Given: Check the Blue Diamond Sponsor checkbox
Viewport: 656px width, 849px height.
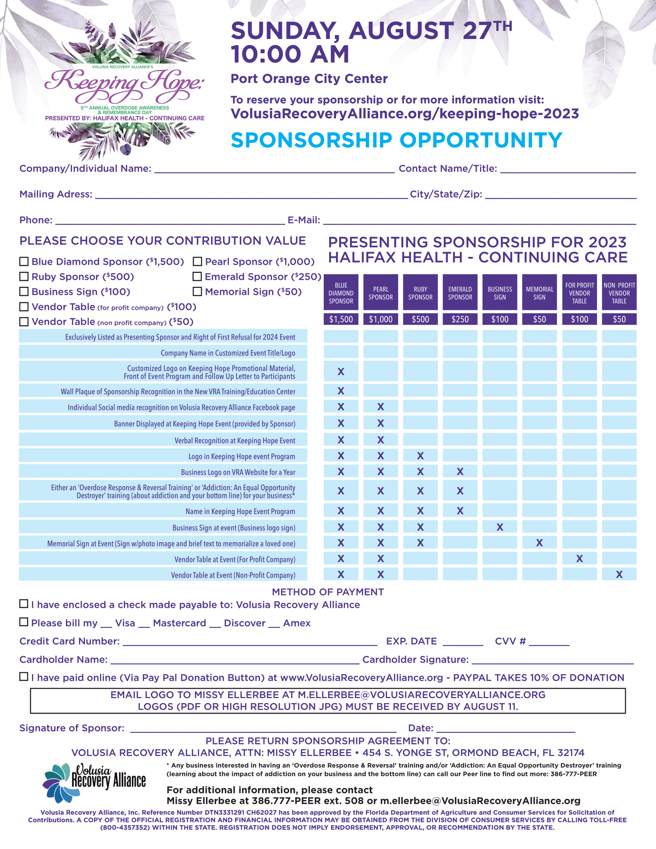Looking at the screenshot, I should [24, 261].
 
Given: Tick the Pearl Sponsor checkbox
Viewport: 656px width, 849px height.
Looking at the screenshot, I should [198, 261].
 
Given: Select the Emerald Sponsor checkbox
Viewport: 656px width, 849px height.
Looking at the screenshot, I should [198, 276].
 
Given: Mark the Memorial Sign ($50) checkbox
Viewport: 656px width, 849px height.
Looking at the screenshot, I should [198, 291].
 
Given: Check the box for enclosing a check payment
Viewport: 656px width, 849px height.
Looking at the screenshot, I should [24, 604].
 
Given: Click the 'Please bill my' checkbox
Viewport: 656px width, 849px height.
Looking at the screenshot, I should [24, 622].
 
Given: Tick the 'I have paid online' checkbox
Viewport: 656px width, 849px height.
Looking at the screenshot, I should [24, 677].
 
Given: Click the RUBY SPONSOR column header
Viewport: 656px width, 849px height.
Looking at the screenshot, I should [420, 293].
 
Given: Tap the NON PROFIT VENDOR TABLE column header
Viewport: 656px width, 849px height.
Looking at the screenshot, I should [619, 293].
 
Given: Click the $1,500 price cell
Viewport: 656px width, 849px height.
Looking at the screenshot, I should [341, 319].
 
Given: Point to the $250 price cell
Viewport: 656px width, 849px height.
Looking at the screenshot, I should [460, 319].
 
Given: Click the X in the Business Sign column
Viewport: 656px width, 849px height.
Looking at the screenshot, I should [500, 527].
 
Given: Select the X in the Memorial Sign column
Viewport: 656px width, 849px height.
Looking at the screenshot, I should [539, 543].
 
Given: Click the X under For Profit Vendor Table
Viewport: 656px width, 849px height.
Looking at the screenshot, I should [580, 559].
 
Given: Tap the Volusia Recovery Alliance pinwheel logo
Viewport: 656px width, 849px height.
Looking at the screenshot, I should [58, 782].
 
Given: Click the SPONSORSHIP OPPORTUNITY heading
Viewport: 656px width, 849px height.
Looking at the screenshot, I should [396, 140].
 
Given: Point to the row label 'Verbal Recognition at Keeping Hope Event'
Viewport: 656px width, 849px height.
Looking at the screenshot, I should [235, 440].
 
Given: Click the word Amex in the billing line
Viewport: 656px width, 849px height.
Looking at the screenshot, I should [296, 623].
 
